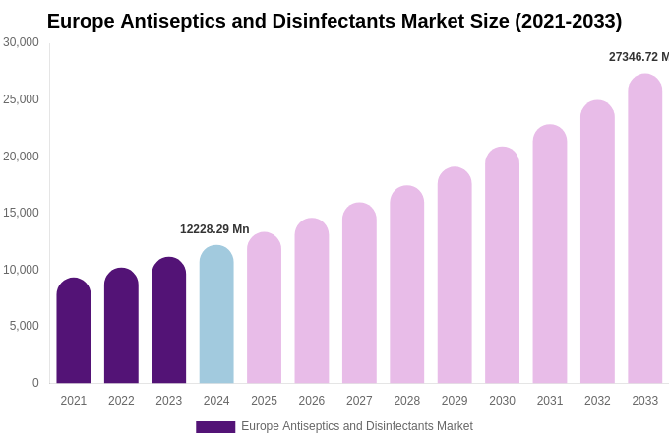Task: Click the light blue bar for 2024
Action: (216, 315)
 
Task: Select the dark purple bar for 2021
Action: (74, 331)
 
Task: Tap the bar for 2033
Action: (645, 228)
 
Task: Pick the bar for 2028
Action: (406, 285)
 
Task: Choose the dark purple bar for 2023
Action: (169, 321)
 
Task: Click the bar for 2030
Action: (502, 265)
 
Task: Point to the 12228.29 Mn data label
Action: (214, 229)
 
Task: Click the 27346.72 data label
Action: (638, 57)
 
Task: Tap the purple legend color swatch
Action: (215, 426)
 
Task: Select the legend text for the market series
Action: (357, 426)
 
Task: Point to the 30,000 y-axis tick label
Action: (21, 42)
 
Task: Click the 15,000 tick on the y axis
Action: (21, 213)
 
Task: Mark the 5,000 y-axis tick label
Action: (25, 326)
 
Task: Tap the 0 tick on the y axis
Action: (35, 383)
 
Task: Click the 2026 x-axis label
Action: (312, 401)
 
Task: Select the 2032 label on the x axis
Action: (597, 401)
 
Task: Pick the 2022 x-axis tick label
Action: (121, 401)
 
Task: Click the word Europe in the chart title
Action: (81, 21)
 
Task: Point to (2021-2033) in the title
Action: (569, 21)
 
